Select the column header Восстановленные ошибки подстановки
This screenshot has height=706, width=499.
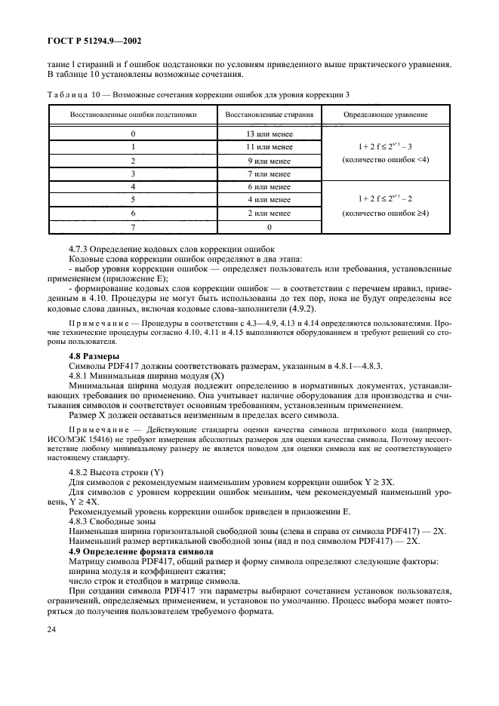(x=134, y=115)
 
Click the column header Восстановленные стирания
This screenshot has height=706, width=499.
(x=269, y=115)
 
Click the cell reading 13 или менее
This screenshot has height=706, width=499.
(x=269, y=134)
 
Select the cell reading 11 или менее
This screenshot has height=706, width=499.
(x=269, y=147)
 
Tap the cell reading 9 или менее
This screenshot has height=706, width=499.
(x=269, y=161)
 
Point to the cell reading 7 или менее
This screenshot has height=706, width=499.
(x=269, y=173)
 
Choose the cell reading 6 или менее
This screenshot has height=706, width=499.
(x=269, y=186)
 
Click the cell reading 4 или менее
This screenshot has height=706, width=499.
(x=269, y=200)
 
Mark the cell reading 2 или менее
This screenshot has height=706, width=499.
(x=269, y=213)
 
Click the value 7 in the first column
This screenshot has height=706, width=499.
(x=134, y=226)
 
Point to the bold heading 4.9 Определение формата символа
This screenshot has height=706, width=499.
(x=140, y=553)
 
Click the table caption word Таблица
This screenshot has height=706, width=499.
(x=68, y=94)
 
